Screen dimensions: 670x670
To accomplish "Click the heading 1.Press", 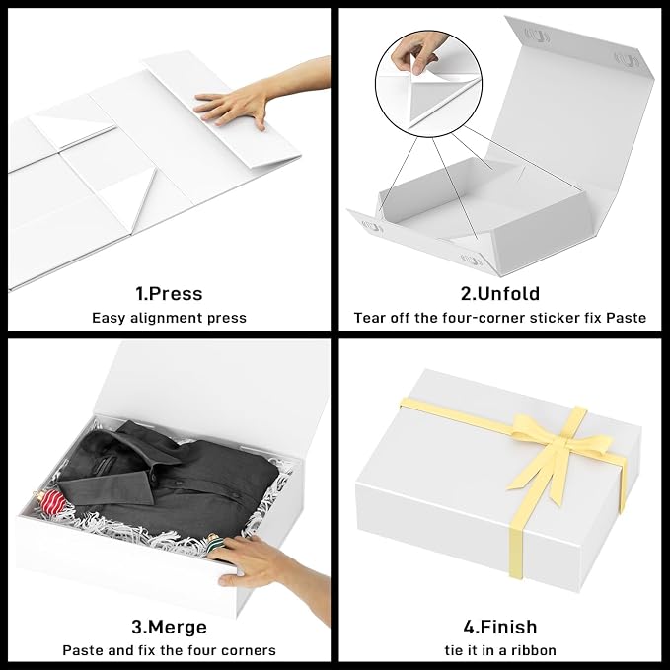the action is click(169, 294).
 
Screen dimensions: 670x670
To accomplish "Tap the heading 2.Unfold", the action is click(500, 293).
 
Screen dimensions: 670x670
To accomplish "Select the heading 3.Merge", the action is click(169, 627).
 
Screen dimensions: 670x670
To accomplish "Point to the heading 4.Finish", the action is click(500, 627).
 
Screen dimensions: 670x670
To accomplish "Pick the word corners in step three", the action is click(249, 650).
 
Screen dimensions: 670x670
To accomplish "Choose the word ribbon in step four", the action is click(535, 650).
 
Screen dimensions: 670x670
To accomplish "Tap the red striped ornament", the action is click(50, 501).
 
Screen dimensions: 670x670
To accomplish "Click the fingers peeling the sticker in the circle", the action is click(412, 53).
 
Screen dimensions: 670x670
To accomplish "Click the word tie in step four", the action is click(453, 650).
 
